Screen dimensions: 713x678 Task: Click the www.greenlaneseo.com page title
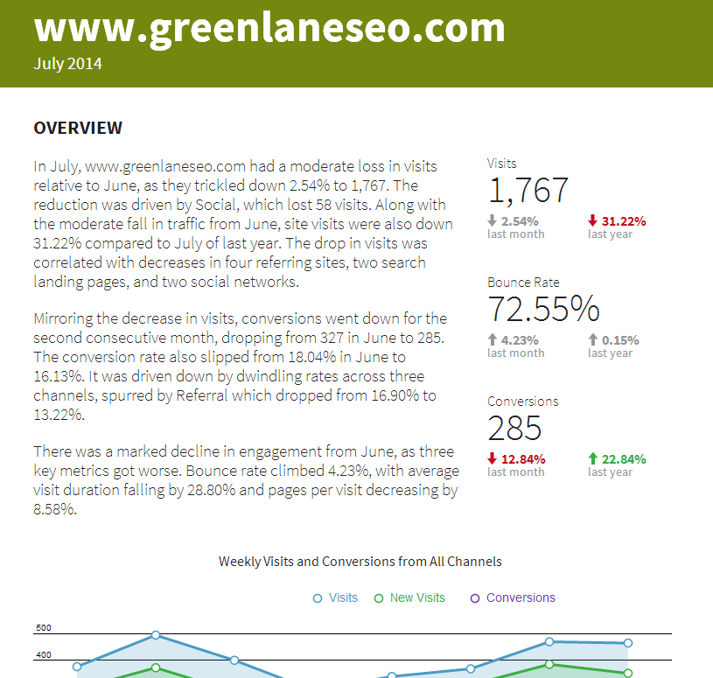tap(269, 28)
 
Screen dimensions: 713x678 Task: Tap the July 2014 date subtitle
tap(67, 64)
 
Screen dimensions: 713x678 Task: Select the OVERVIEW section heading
tap(78, 128)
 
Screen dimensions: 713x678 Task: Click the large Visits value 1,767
tap(528, 190)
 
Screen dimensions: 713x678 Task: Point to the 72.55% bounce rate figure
tap(543, 309)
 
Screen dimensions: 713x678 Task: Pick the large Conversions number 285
tap(514, 428)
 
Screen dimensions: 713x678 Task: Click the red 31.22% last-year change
tap(624, 221)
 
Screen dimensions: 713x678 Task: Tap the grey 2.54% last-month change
tap(520, 221)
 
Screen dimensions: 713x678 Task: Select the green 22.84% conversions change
tap(624, 459)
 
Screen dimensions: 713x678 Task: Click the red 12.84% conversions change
tap(523, 459)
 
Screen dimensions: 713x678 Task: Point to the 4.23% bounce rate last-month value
tap(520, 340)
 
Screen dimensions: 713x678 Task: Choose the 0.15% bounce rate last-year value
tap(620, 340)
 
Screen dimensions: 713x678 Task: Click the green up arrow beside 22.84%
tap(592, 458)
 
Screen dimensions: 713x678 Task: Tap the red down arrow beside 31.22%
tap(592, 220)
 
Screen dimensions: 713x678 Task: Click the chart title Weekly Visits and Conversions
tap(360, 562)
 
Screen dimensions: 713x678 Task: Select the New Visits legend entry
tap(409, 598)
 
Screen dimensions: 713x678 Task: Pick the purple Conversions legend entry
tap(513, 598)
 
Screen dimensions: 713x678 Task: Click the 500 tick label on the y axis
tap(44, 628)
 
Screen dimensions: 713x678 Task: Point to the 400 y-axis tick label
tap(44, 655)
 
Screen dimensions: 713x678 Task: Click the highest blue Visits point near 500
tap(156, 635)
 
